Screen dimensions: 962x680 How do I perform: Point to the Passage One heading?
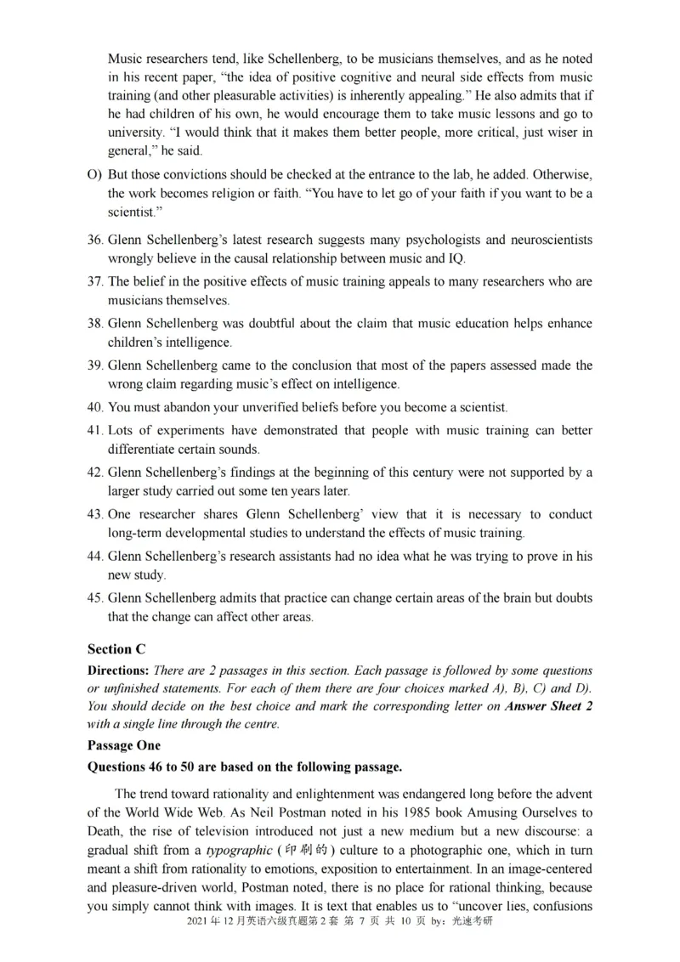(123, 745)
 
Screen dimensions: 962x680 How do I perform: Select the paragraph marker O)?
(94, 174)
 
